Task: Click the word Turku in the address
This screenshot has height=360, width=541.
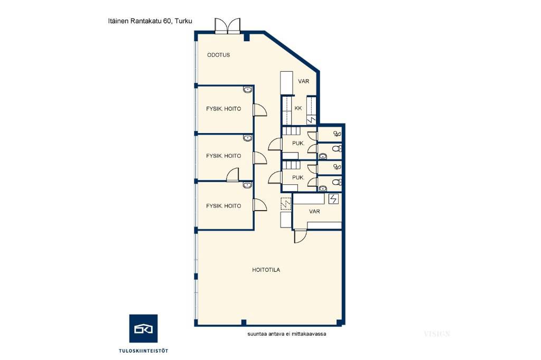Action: pyautogui.click(x=183, y=21)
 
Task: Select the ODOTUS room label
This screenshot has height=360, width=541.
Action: pyautogui.click(x=218, y=55)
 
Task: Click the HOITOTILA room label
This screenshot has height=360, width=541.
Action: pyautogui.click(x=266, y=270)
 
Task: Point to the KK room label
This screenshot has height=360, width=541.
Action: pyautogui.click(x=298, y=108)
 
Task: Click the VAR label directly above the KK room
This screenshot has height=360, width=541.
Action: pyautogui.click(x=304, y=81)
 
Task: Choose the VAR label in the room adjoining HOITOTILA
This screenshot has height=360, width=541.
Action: pyautogui.click(x=314, y=211)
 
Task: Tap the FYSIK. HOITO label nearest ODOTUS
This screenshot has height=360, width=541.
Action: pyautogui.click(x=223, y=109)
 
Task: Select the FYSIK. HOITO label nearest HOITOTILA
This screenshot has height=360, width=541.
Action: pyautogui.click(x=223, y=206)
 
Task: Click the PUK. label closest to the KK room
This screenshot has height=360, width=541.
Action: pyautogui.click(x=298, y=143)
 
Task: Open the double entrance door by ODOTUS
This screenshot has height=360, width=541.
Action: pyautogui.click(x=227, y=26)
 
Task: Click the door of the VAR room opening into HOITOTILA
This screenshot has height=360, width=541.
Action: pyautogui.click(x=300, y=236)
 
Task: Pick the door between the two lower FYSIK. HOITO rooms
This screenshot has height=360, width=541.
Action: pyautogui.click(x=232, y=175)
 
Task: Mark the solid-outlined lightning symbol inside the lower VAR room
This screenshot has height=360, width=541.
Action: pyautogui.click(x=333, y=199)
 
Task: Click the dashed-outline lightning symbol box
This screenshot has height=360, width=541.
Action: pyautogui.click(x=286, y=203)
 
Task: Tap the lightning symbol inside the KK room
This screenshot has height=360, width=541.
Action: pyautogui.click(x=311, y=120)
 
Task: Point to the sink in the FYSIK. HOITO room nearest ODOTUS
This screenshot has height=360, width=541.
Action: pyautogui.click(x=247, y=90)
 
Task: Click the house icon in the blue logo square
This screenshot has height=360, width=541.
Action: pyautogui.click(x=143, y=329)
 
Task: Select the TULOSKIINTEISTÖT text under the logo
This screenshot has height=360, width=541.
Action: pyautogui.click(x=144, y=351)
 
